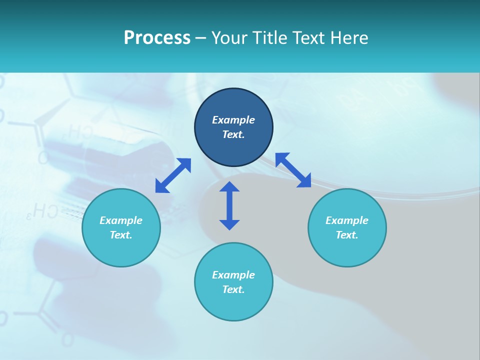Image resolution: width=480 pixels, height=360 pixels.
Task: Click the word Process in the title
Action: (157, 38)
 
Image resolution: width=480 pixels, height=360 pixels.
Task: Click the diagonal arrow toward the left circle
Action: (173, 175)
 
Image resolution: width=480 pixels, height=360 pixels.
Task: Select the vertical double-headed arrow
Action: (229, 205)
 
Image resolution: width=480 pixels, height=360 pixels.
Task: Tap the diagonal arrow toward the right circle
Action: (293, 170)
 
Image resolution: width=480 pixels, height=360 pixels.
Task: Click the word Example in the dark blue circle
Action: (233, 120)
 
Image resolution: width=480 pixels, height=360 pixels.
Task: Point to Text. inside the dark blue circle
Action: (233, 134)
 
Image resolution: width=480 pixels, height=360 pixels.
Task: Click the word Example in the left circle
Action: (121, 220)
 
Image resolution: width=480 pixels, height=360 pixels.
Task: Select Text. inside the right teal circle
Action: (347, 235)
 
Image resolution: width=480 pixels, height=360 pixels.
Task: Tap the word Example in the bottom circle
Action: (233, 275)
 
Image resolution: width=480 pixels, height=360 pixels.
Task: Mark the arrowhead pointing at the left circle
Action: (161, 187)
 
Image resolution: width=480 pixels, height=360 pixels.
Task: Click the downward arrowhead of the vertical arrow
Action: (229, 224)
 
